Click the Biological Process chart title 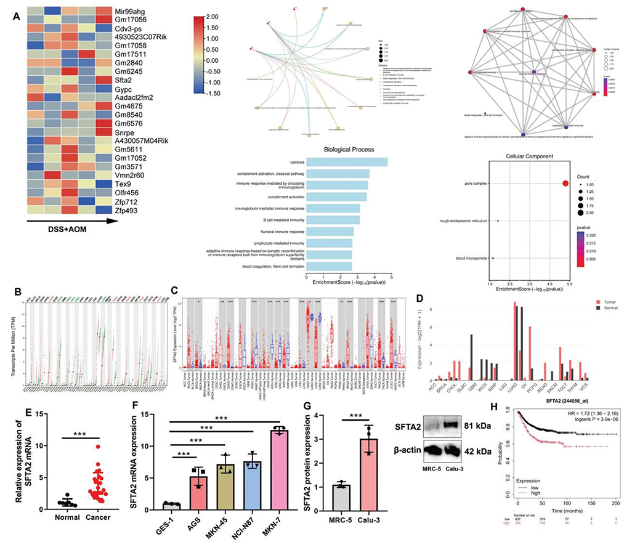coord(360,150)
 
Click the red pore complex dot coord(565,183)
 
